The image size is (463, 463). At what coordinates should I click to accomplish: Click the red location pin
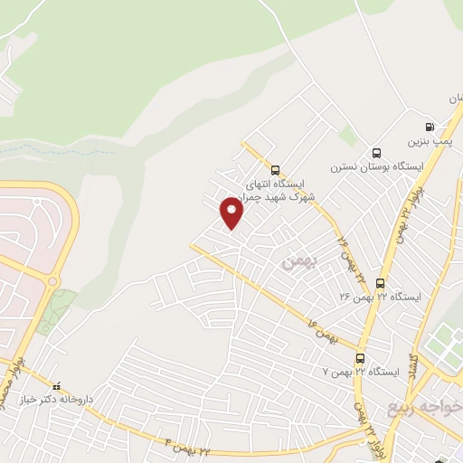pos(232,213)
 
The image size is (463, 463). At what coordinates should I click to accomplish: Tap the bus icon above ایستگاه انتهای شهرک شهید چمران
pos(275,169)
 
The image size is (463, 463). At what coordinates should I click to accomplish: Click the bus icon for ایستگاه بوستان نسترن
pos(376,152)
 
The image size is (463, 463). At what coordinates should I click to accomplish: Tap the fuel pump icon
pos(429,128)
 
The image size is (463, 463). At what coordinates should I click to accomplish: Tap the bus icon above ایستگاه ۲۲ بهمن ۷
pos(360,357)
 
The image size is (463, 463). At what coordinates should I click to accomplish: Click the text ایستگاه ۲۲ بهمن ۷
pos(362,372)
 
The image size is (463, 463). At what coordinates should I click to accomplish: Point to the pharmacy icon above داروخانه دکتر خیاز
pos(57,383)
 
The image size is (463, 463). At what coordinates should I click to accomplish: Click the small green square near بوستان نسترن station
pos(347,136)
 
